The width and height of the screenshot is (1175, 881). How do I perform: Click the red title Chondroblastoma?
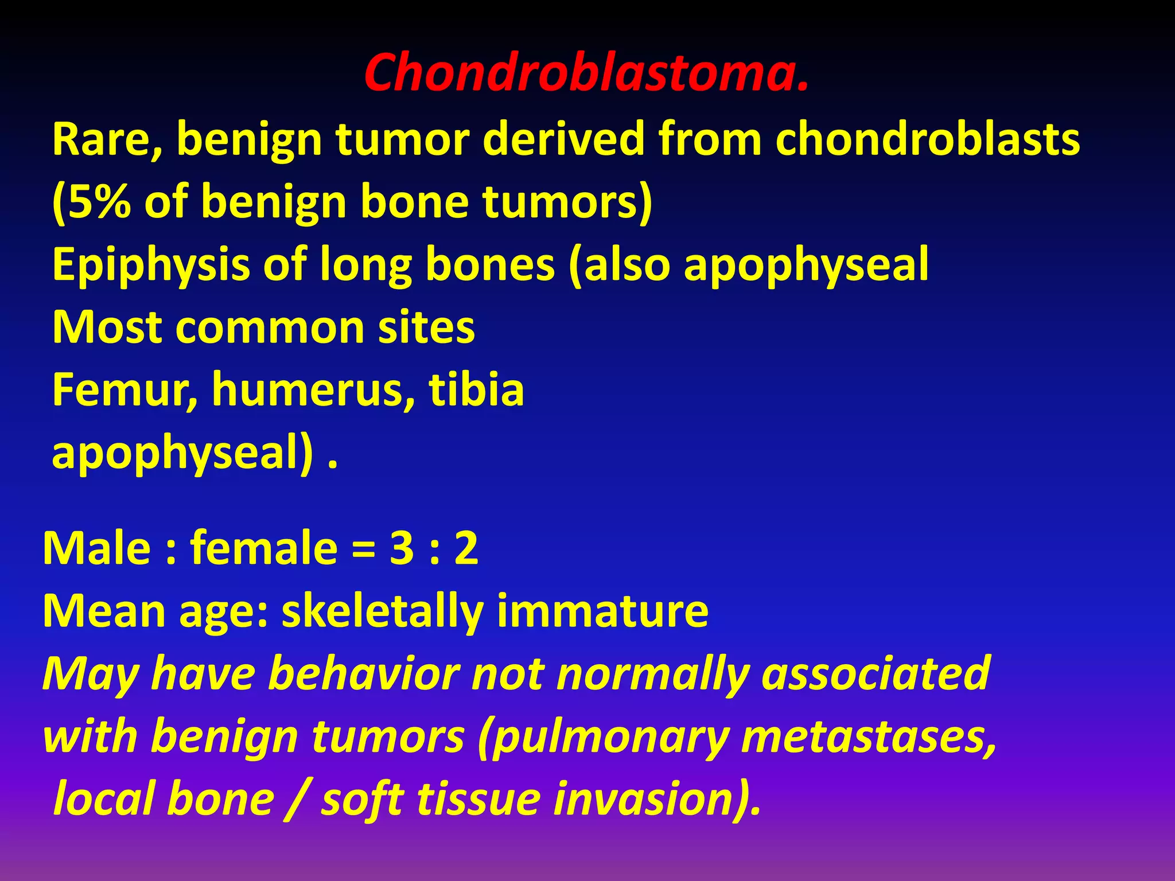[586, 73]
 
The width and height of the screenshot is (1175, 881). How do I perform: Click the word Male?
[96, 548]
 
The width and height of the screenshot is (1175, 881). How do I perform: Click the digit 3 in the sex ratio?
[402, 548]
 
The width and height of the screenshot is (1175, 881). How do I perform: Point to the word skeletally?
[382, 611]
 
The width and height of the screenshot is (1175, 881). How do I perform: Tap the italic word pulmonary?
[608, 738]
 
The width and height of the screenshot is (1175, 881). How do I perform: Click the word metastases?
[869, 736]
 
